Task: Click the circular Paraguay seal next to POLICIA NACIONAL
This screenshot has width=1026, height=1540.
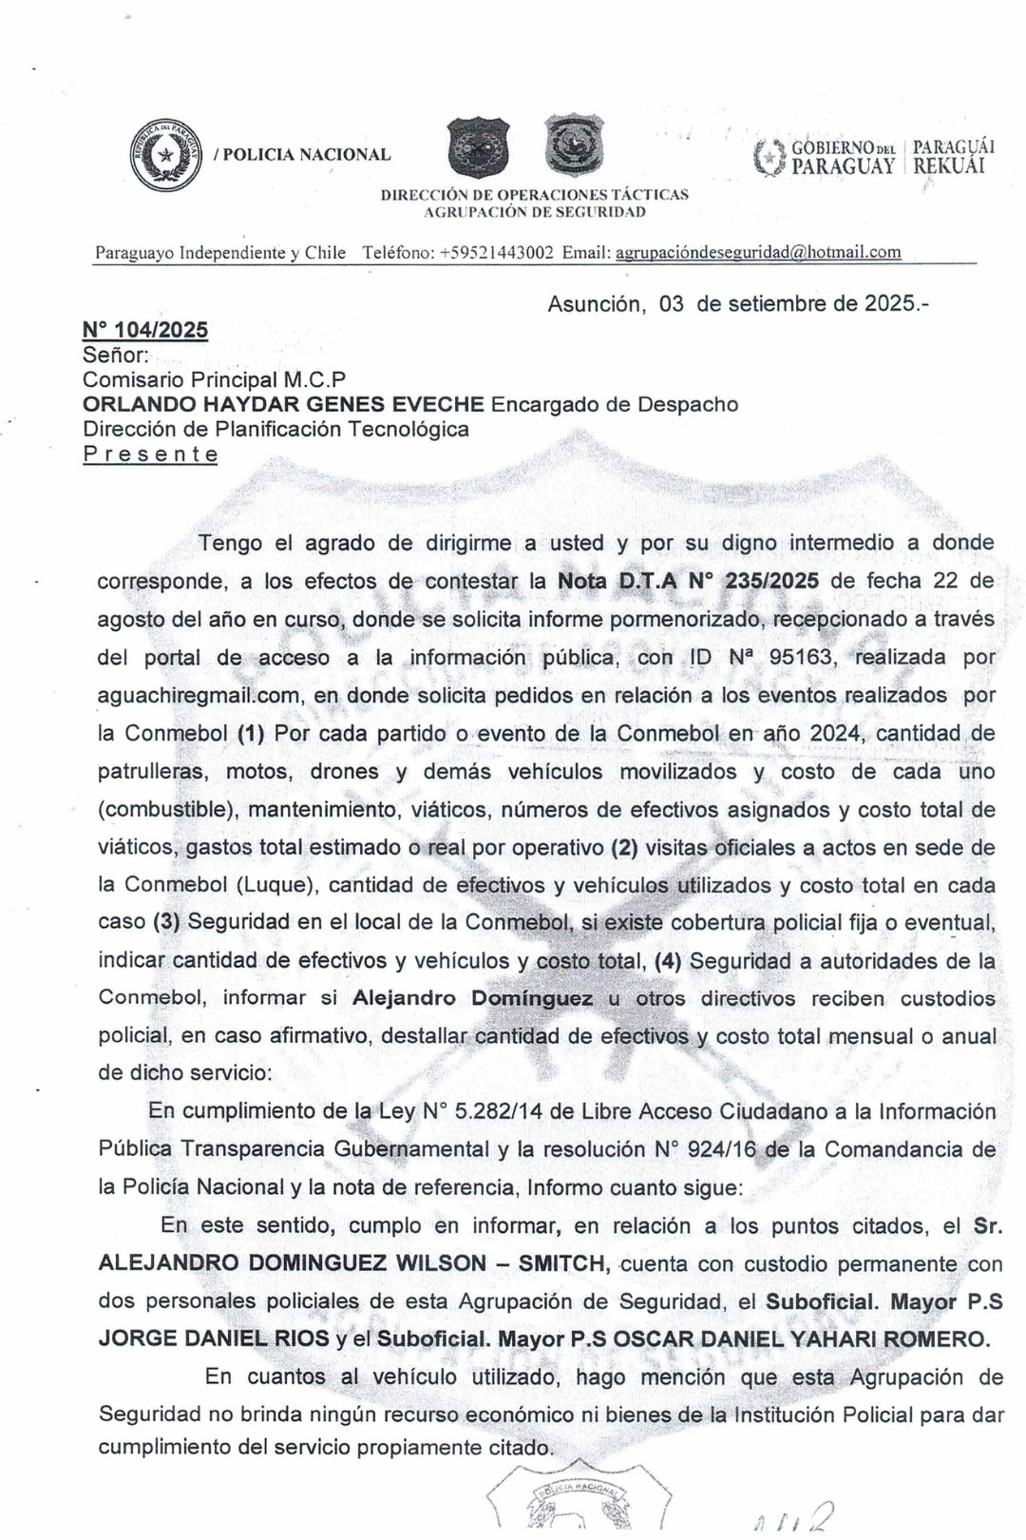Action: (166, 154)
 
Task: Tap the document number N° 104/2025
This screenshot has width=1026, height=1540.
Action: (145, 330)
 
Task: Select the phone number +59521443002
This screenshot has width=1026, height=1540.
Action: (497, 253)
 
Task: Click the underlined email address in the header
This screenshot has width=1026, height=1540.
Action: (758, 253)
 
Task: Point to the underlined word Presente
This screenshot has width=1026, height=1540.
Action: (150, 454)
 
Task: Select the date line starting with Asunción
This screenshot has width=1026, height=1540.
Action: (738, 304)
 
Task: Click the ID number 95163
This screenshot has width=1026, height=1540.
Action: (804, 657)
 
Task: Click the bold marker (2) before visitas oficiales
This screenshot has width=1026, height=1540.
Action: (623, 846)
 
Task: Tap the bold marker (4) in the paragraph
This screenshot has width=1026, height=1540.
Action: (669, 960)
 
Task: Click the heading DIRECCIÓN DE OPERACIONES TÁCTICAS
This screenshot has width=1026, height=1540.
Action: (535, 194)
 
